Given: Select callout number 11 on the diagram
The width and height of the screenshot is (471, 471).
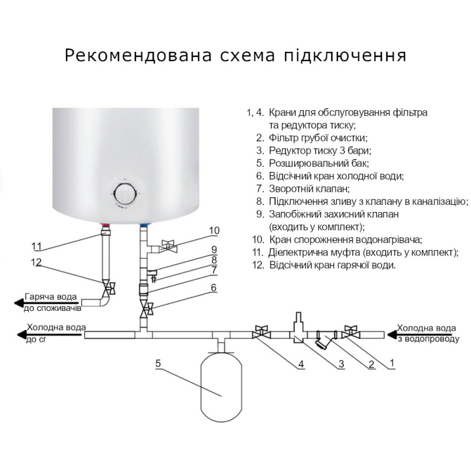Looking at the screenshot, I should (37, 246).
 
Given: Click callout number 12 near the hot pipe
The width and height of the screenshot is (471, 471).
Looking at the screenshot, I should (37, 263).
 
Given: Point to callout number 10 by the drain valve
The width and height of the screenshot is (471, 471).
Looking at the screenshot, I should (214, 230).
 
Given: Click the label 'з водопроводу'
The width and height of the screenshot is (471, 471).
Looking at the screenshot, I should (426, 339).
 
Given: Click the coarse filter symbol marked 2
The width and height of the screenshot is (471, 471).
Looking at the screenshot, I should (323, 340).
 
